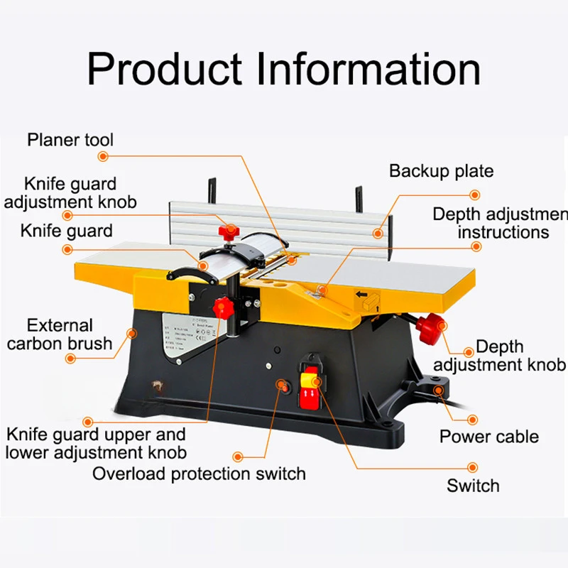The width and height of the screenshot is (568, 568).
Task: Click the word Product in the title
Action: [x=164, y=70]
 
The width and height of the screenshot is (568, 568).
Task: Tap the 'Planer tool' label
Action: [x=70, y=139]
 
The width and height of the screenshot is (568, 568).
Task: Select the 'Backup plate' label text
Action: [x=441, y=171]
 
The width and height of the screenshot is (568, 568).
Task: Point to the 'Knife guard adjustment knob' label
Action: [x=70, y=193]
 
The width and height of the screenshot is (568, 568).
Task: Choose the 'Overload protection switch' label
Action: [x=199, y=474]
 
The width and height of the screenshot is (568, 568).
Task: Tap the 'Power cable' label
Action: [x=489, y=436]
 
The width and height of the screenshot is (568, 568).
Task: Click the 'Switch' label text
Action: [x=473, y=486]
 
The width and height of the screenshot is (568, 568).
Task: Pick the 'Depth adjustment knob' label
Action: [x=500, y=356]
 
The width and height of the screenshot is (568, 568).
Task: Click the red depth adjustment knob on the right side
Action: [x=430, y=329]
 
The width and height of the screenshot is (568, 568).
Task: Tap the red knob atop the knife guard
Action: [x=229, y=231]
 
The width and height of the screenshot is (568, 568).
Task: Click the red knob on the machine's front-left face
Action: [x=222, y=308]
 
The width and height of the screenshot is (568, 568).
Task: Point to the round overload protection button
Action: [x=283, y=386]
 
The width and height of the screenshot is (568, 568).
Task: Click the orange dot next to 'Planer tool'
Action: [x=104, y=156]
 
